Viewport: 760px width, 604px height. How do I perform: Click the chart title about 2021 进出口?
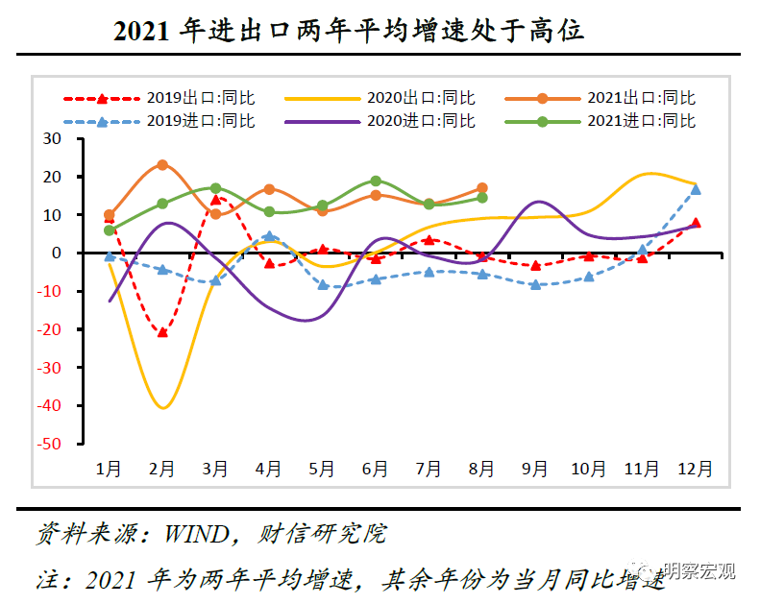pyautogui.click(x=349, y=31)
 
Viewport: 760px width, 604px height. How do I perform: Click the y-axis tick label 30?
pyautogui.click(x=51, y=138)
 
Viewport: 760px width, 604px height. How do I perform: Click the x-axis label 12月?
pyautogui.click(x=696, y=470)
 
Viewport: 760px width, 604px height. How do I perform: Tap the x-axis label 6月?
pyautogui.click(x=376, y=470)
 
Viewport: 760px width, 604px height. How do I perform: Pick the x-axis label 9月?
pyautogui.click(x=535, y=470)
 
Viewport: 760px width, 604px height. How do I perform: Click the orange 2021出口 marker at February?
pyautogui.click(x=162, y=165)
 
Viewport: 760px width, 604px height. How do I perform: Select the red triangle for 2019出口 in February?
pyautogui.click(x=162, y=332)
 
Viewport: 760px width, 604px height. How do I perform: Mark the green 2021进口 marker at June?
pyautogui.click(x=376, y=181)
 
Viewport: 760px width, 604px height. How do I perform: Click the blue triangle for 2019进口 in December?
pyautogui.click(x=696, y=189)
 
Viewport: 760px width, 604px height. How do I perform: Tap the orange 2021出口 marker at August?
pyautogui.click(x=482, y=188)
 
